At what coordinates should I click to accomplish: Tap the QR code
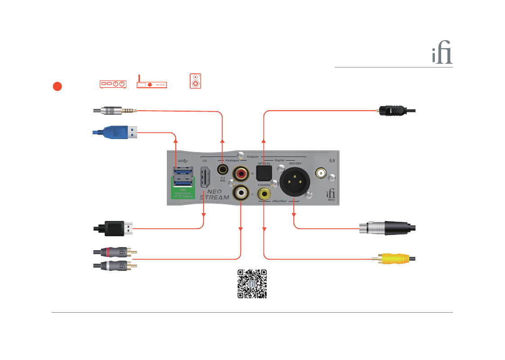(x=252, y=284)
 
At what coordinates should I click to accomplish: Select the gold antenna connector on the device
(x=321, y=173)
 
